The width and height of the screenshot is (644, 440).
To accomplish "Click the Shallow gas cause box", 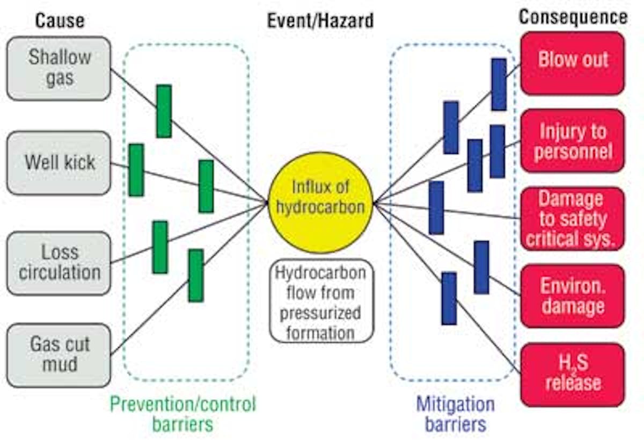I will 59,68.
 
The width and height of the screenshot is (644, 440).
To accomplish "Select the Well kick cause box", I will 59,162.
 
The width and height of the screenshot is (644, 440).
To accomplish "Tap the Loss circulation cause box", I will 59,262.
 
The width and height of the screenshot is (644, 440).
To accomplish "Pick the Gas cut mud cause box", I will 59,355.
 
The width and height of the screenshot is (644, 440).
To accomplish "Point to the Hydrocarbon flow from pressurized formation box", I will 320,302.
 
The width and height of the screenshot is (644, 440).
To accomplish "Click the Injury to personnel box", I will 573,141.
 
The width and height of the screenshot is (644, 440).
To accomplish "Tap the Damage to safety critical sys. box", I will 573,219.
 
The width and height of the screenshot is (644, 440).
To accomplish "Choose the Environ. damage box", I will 573,296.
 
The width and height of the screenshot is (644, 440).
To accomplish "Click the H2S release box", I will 573,374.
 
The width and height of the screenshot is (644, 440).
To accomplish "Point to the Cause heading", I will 60,20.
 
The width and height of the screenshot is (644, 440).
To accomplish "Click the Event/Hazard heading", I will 320,20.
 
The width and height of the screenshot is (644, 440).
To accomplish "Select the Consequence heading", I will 573,17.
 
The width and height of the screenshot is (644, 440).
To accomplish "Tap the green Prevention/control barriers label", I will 183,414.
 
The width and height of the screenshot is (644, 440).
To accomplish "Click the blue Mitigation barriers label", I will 456,414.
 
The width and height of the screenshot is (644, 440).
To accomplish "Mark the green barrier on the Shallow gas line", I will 164,111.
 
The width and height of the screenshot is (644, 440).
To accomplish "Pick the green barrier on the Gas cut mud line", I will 196,275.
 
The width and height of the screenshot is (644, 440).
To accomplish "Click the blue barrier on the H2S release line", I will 449,298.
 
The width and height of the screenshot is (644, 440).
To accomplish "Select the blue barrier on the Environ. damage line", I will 481,267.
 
